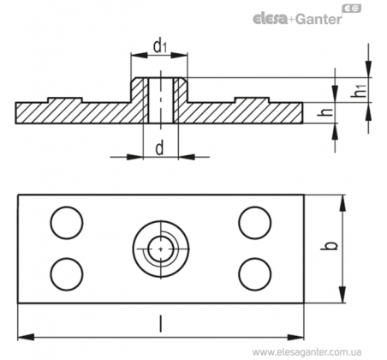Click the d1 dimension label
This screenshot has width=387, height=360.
tap(160, 45)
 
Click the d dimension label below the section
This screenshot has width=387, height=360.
tap(159, 148)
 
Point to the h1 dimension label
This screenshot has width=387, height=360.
tap(359, 90)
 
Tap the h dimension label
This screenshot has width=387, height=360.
tap(325, 112)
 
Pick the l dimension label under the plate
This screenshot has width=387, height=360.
tap(160, 324)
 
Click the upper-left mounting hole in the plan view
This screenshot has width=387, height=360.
tap(67, 223)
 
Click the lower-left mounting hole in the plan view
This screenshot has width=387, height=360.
tap(67, 274)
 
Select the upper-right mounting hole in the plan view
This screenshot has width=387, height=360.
tap(255, 223)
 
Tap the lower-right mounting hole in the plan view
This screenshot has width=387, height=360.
tap(255, 274)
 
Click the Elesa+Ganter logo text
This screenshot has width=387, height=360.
tap(297, 19)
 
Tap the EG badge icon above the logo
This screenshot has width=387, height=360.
tap(352, 9)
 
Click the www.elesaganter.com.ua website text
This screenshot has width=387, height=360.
tap(307, 352)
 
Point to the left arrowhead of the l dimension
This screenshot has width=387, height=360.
tap(26, 337)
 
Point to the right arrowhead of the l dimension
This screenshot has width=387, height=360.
tap(295, 337)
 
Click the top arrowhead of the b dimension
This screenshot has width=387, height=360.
tap(342, 203)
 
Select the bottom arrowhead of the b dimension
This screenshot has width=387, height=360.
tap(342, 295)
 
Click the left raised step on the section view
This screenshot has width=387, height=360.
tap(65, 100)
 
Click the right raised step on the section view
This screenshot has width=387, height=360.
tap(253, 100)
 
